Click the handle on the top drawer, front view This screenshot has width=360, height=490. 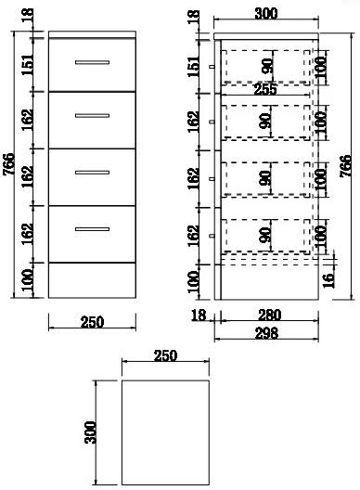[x=92, y=62]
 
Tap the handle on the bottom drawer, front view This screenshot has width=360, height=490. [x=92, y=229]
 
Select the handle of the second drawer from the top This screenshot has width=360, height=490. [x=92, y=116]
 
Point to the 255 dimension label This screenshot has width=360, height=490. [x=265, y=90]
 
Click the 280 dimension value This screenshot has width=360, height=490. [x=269, y=315]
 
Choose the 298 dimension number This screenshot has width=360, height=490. [x=266, y=333]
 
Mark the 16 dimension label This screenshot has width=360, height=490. [x=328, y=280]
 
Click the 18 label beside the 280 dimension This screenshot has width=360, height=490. [x=199, y=315]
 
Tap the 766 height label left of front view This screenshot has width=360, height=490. [x=9, y=164]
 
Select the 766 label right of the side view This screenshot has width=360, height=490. [x=345, y=166]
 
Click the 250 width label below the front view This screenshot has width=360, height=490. [x=92, y=322]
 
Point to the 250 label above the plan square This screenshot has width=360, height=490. [x=165, y=355]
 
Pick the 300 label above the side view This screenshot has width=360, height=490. [x=266, y=13]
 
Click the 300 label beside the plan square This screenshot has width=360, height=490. [x=90, y=432]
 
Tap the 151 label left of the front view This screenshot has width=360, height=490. [x=27, y=65]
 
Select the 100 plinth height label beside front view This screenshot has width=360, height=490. [x=27, y=279]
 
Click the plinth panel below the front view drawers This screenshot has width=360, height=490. [x=92, y=280]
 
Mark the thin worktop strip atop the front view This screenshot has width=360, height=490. [x=92, y=34]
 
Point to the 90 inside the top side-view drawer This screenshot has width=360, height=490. [x=267, y=66]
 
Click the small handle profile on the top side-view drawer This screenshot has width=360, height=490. [x=212, y=66]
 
